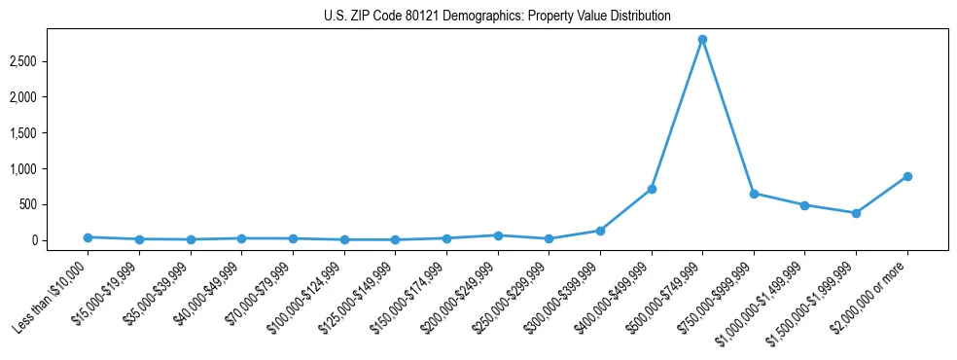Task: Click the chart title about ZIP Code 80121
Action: [497, 17]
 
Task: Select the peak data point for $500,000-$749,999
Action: [702, 40]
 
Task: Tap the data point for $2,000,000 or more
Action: [906, 176]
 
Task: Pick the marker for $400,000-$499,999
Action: [652, 189]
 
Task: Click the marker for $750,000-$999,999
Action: [754, 194]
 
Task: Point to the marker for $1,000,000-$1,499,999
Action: [804, 205]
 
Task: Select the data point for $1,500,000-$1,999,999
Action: [856, 213]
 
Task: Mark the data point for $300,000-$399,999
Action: [600, 231]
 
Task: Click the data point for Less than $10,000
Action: [89, 237]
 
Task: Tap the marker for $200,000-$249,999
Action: [498, 235]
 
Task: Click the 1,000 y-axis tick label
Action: [49, 169]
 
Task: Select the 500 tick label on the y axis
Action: [54, 204]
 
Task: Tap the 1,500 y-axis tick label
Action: [49, 133]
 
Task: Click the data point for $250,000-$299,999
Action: [549, 238]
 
